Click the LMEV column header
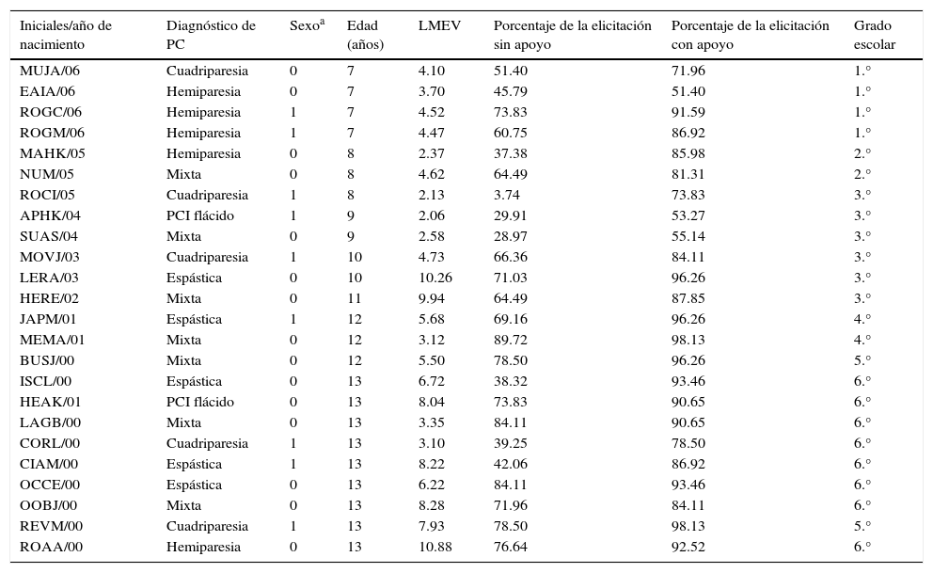[439, 26]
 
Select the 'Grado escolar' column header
[874, 35]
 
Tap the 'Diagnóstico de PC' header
[211, 35]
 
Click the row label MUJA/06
[52, 71]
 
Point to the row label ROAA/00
[51, 547]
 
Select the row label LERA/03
[50, 278]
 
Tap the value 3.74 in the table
[507, 195]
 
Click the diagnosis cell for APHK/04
[200, 215]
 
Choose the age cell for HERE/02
[353, 298]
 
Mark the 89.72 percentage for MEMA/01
[510, 340]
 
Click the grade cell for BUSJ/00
[862, 360]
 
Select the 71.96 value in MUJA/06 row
[688, 71]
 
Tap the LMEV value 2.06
[432, 215]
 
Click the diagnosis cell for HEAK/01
[200, 402]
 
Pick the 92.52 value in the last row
[688, 547]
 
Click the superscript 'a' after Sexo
[321, 22]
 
